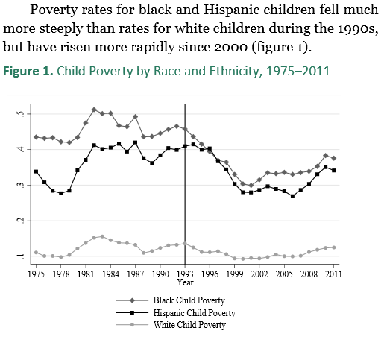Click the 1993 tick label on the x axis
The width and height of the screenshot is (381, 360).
[185, 274]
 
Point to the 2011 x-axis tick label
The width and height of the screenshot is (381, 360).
[334, 274]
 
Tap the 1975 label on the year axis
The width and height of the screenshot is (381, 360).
[37, 274]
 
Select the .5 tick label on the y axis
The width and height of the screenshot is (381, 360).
[21, 114]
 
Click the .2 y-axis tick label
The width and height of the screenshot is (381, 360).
[21, 221]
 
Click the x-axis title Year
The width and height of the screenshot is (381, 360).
[185, 282]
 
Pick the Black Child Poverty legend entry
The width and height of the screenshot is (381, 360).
[189, 300]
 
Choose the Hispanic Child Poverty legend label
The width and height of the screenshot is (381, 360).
[194, 313]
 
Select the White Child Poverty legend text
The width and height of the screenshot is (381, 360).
[189, 325]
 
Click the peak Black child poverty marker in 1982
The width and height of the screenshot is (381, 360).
[94, 110]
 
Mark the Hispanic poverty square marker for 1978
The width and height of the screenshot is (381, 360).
[61, 193]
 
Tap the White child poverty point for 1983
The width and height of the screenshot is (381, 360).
[102, 236]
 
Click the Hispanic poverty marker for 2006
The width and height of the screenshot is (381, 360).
[292, 196]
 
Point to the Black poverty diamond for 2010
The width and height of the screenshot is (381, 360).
[326, 156]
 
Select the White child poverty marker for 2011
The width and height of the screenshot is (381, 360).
[334, 247]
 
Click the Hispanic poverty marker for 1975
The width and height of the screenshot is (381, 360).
[36, 171]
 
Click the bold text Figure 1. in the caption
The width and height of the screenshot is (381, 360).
[28, 71]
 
